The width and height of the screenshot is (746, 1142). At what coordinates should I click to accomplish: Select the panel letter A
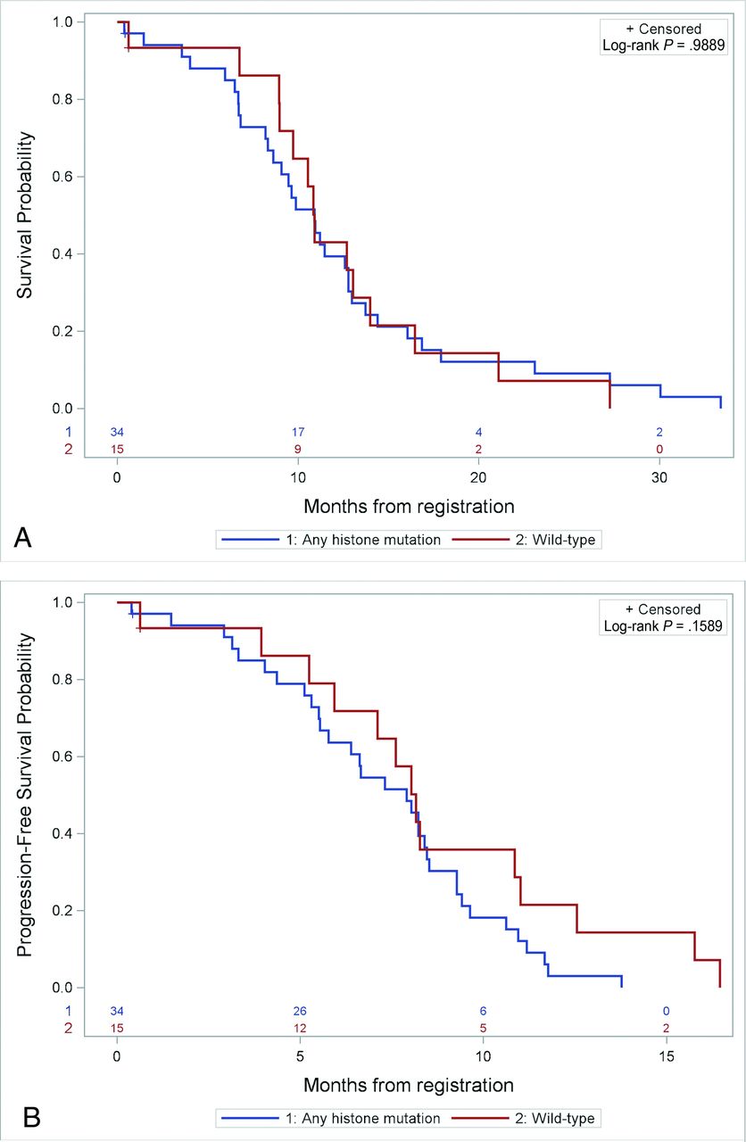click(x=24, y=536)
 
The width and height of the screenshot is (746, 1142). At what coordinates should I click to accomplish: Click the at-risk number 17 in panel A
click(x=298, y=433)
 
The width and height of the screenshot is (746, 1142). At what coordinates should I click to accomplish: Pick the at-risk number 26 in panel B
click(x=300, y=1011)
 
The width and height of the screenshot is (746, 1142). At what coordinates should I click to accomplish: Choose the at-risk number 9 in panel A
click(x=298, y=449)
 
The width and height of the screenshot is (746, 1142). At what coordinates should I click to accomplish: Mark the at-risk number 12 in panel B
click(x=300, y=1028)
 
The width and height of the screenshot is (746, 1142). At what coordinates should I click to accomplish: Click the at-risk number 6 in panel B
click(x=483, y=1011)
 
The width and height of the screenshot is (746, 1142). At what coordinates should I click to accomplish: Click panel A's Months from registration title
click(x=409, y=507)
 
